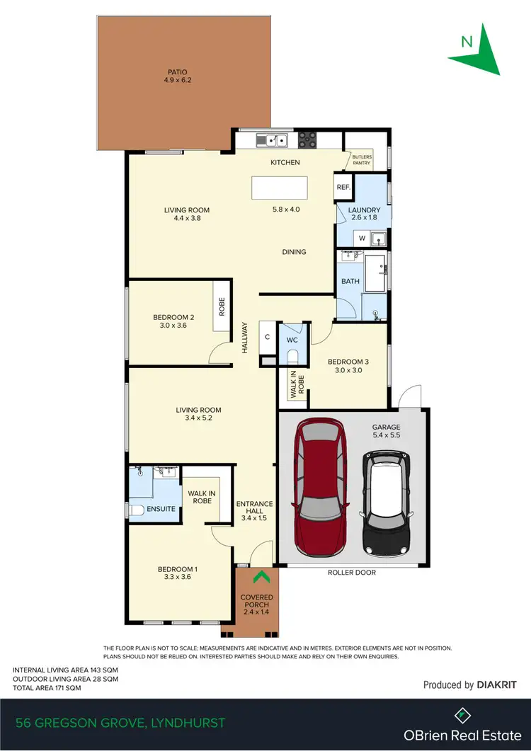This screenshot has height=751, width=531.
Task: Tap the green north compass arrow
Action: (x=481, y=50)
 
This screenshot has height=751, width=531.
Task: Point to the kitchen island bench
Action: (x=280, y=189)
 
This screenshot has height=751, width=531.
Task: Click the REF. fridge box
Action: (x=343, y=188)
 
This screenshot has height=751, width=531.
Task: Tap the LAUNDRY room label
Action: (x=364, y=210)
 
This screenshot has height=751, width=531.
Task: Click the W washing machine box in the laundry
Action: (x=361, y=239)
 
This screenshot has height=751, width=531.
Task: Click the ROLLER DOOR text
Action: (x=351, y=572)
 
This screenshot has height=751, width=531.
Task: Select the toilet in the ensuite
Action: (x=135, y=510)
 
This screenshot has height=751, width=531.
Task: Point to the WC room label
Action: (x=292, y=340)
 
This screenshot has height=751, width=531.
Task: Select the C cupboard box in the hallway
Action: (x=267, y=337)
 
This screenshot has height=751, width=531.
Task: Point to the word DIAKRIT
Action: (x=497, y=685)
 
